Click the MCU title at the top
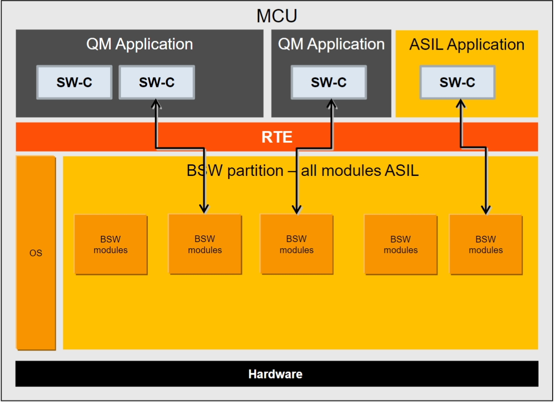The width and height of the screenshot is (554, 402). point(277,16)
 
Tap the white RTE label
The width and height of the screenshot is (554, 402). point(277,137)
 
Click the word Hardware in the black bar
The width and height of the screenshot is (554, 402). point(275,374)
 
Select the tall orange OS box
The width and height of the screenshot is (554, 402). point(36,253)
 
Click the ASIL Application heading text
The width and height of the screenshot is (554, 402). point(467,45)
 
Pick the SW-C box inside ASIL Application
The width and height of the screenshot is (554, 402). point(457,82)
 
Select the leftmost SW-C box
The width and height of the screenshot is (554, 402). point(74,82)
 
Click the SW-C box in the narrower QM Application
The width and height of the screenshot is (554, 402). point(329,82)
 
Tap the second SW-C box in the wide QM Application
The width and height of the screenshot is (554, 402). point(157,82)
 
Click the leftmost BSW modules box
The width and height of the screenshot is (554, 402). point(111,245)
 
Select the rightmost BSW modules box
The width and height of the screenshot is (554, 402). point(486,245)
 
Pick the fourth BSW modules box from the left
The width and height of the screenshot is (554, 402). point(401,245)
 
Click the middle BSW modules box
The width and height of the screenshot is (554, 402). point(297,244)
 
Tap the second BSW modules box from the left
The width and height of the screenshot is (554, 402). point(205,244)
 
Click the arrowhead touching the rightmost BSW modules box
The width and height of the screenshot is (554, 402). point(486,209)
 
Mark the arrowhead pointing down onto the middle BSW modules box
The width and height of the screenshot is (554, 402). point(297,209)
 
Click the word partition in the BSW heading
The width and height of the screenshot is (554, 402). point(255,171)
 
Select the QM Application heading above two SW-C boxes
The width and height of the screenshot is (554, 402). point(139,44)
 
